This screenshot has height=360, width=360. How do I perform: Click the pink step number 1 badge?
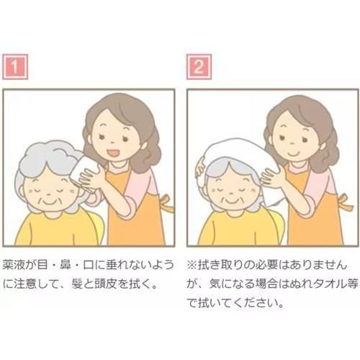click(15, 67)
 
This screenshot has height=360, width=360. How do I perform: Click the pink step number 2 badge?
click(199, 67)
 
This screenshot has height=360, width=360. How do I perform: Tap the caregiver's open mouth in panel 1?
click(113, 153)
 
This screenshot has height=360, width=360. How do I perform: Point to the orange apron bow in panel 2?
click(345, 202)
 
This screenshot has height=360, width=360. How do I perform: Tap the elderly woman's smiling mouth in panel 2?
click(232, 200)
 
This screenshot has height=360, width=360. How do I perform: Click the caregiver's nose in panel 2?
click(292, 143)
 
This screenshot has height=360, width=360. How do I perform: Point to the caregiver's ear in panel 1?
click(143, 145)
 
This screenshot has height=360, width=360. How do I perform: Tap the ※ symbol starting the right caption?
click(192, 265)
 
